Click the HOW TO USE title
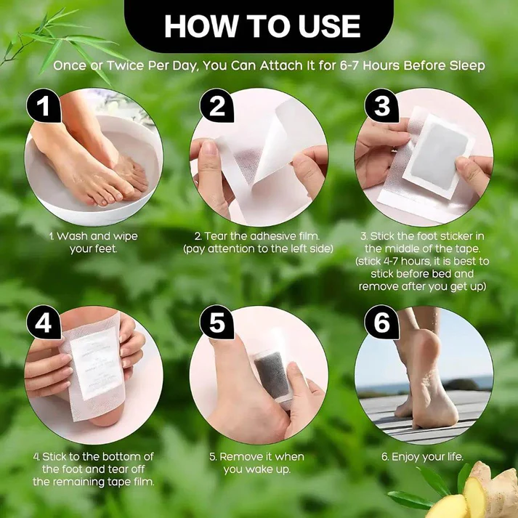(262, 26)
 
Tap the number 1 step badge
(44, 107)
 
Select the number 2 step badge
(217, 107)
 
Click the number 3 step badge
(382, 107)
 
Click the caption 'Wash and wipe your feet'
(92, 242)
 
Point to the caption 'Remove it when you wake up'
(256, 463)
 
